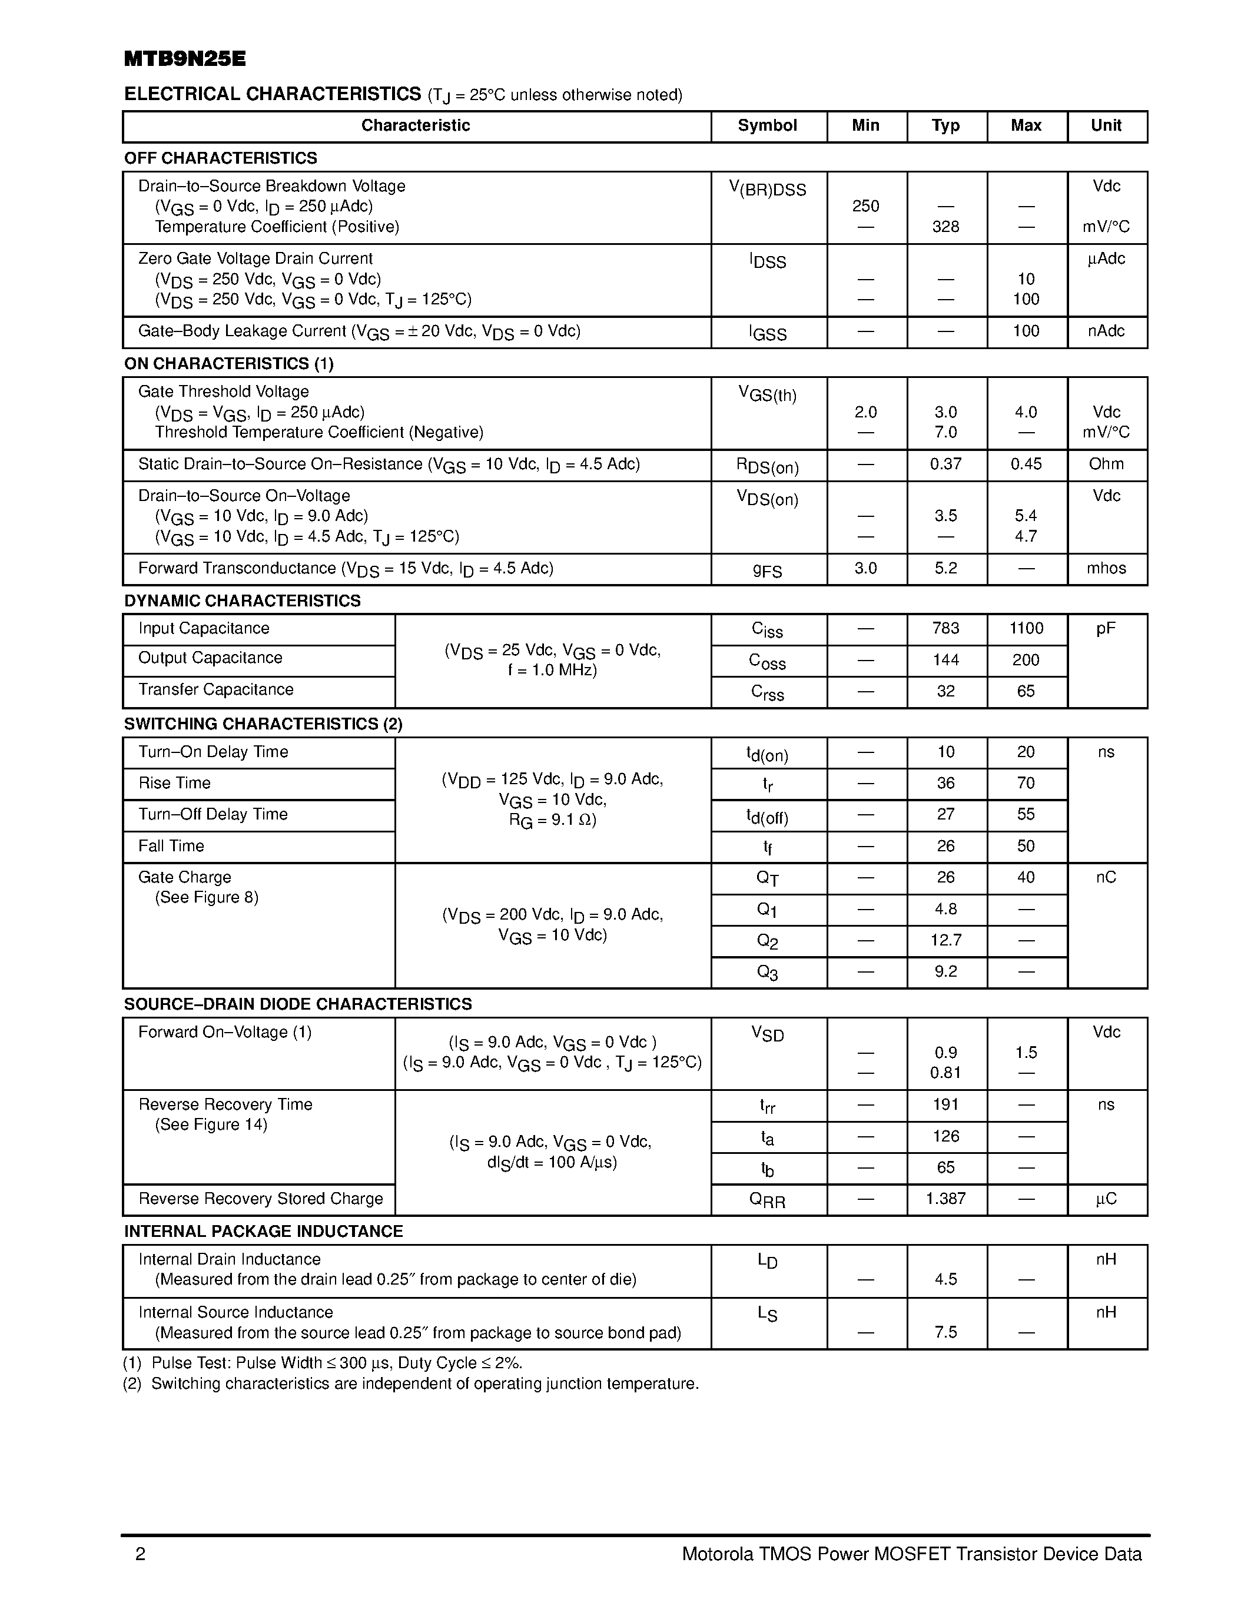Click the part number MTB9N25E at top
(184, 59)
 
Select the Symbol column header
(767, 125)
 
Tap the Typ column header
(945, 125)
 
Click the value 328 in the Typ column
(945, 227)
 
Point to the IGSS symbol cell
(768, 333)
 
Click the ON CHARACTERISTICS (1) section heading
(229, 363)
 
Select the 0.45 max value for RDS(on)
(1026, 464)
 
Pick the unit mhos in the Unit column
(1106, 569)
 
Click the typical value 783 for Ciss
(945, 629)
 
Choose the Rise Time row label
(174, 783)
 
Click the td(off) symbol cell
(768, 815)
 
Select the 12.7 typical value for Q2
(945, 941)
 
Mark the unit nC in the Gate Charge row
(1106, 878)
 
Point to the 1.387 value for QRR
(945, 1199)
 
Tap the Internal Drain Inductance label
(229, 1259)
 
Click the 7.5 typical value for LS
(945, 1332)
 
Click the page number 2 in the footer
(141, 1554)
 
